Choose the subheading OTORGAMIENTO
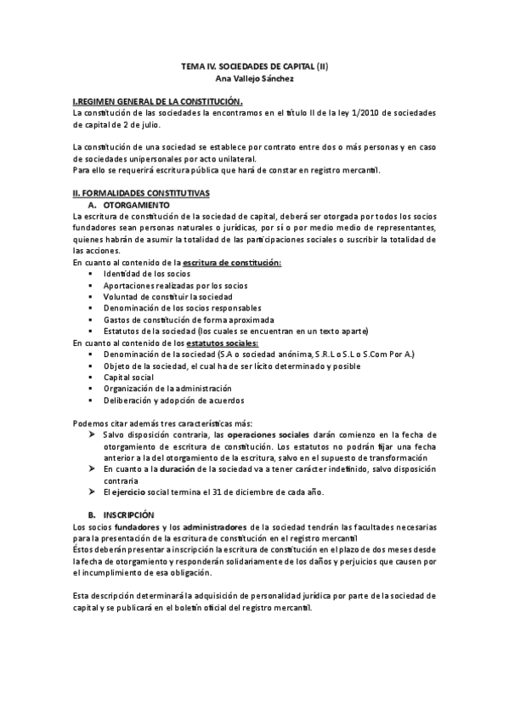tap(136, 206)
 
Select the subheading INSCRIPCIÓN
tap(129, 515)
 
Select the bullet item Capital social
tap(127, 376)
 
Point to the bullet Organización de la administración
tap(167, 388)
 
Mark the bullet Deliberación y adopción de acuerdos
tap(173, 400)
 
